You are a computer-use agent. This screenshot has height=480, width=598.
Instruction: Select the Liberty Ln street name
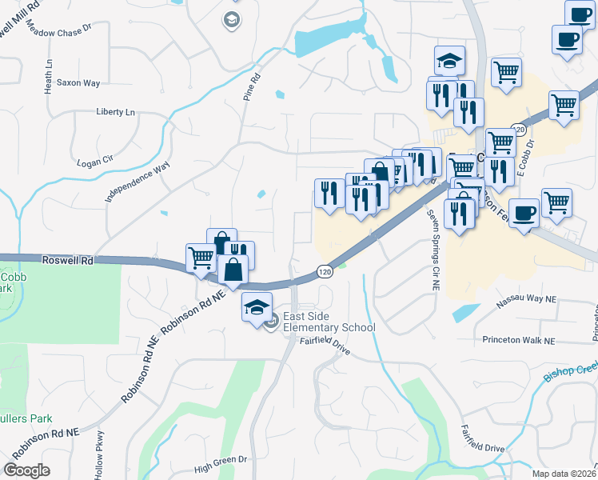[115, 112]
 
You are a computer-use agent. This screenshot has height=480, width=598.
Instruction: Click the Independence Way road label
[138, 181]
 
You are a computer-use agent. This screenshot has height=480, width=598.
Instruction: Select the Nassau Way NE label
[525, 299]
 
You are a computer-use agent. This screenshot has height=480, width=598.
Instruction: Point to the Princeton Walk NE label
[518, 340]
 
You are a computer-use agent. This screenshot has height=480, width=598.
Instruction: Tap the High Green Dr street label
[221, 459]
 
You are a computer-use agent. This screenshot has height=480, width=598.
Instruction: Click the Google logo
[26, 470]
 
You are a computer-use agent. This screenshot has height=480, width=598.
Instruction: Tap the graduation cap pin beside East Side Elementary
[257, 308]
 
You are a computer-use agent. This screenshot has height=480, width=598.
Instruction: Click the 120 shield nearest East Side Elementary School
[323, 272]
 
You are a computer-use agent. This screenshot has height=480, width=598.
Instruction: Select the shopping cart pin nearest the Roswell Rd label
[200, 258]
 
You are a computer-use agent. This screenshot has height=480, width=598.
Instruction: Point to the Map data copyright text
[564, 474]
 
